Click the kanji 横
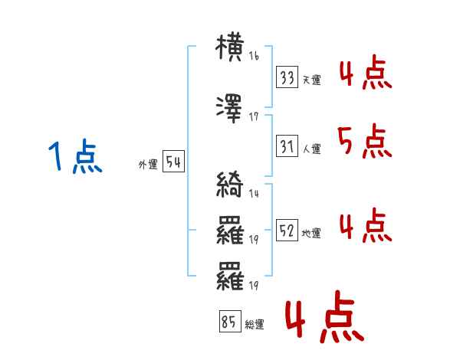point(229,47)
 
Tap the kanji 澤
point(229,109)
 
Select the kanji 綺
point(230,184)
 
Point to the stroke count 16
point(254,56)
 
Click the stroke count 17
point(254,116)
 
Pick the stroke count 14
point(254,193)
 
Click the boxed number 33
point(287,77)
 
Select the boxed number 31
point(287,146)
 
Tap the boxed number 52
point(287,230)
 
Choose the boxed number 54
point(173,162)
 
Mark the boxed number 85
point(230,321)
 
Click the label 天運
point(311,80)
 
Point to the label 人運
point(312,149)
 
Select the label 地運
point(311,233)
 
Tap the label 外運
point(148,165)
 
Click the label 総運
point(255,324)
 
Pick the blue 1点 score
point(75,156)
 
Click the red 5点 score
point(365,141)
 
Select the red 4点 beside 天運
point(366,72)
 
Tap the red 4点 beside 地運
point(366,225)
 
